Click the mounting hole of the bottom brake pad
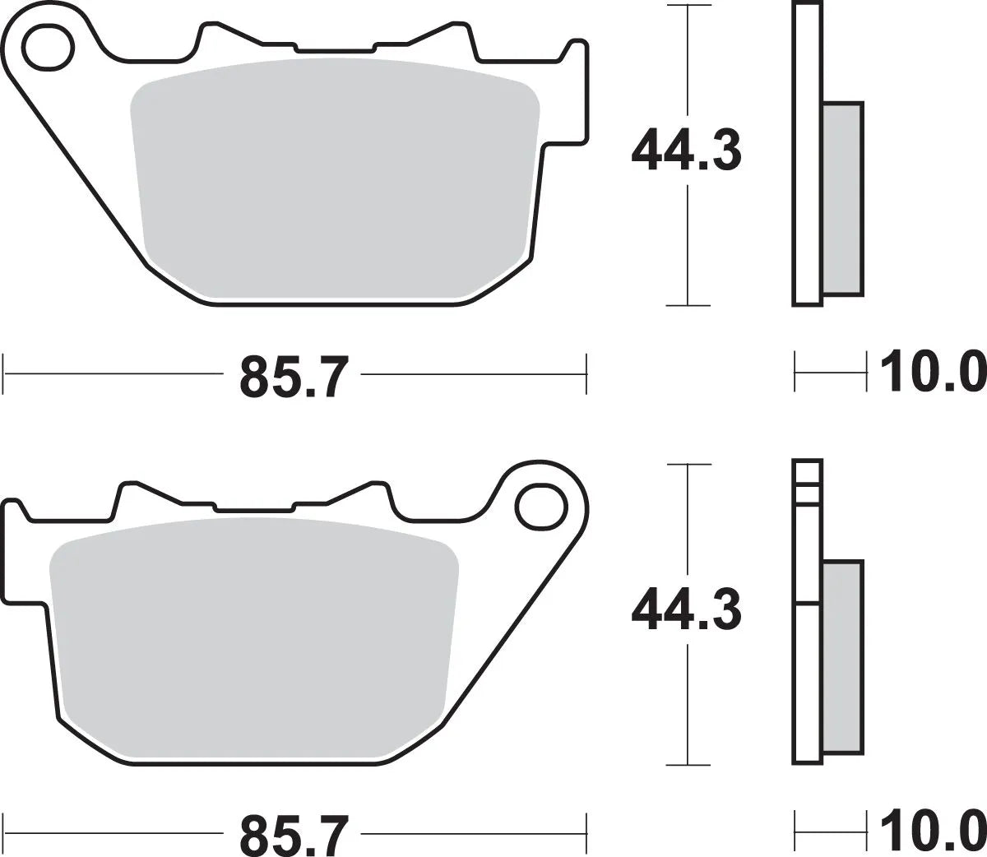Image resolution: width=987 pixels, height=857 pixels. (540, 505)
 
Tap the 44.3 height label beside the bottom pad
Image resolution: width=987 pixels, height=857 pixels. (686, 611)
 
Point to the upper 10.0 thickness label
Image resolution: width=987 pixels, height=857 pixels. (932, 373)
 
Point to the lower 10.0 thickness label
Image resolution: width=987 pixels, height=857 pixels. (932, 833)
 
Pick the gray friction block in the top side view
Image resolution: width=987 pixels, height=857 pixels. (843, 197)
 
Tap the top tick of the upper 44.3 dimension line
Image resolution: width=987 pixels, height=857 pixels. (687, 6)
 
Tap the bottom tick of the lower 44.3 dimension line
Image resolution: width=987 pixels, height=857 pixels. (687, 764)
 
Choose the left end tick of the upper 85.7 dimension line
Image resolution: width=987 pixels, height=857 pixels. (5, 374)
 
